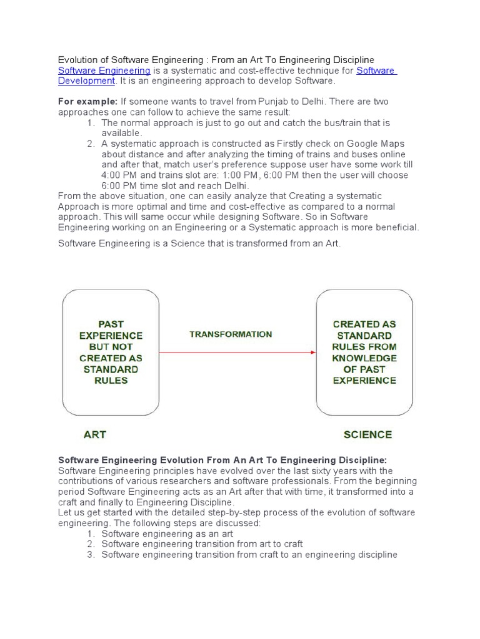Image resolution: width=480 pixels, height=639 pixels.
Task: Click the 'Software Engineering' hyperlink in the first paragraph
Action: (104, 71)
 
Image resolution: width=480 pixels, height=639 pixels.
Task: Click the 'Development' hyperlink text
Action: (86, 81)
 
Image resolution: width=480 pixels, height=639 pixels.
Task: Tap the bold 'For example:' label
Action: (87, 101)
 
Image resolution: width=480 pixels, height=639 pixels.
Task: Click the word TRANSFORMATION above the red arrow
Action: (231, 334)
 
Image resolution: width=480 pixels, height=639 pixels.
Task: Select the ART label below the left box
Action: (95, 434)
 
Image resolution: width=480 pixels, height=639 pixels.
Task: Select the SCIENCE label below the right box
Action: (367, 434)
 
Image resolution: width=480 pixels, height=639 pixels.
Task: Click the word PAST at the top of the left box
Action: (111, 324)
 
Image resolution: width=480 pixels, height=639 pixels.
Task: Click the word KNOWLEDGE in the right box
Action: (364, 358)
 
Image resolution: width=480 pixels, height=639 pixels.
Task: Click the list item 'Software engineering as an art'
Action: (167, 534)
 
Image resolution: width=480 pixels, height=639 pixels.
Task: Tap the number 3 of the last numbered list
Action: (90, 555)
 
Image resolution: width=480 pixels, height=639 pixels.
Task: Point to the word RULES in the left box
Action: (111, 380)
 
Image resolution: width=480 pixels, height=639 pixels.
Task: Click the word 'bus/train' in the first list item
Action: (336, 122)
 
